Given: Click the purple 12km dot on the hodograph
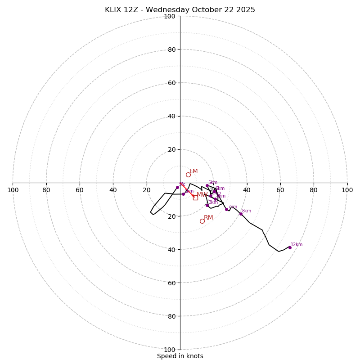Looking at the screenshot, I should point(290,247).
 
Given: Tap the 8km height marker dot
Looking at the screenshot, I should point(241,214).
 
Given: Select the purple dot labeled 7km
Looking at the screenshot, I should point(226,209).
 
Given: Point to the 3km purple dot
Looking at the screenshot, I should point(207,205).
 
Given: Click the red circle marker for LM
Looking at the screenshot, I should point(188,175).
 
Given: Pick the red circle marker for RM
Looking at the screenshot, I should point(202,221).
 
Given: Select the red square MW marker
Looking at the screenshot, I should point(195,198).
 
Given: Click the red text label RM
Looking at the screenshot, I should point(208,218).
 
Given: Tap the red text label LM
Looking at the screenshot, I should point(193,171).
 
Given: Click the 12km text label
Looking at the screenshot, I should point(297,245).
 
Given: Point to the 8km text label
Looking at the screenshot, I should point(247,211).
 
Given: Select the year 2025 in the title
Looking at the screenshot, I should point(246,10).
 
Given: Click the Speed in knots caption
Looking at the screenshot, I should point(180,356).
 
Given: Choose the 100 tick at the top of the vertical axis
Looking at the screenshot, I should point(169,16).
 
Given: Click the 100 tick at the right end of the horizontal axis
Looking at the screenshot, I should point(347,190).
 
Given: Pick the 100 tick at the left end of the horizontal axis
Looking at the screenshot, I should point(13,190).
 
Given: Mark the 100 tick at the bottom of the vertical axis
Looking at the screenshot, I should point(169,349).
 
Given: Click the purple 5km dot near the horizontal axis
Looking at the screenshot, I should point(207,186).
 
